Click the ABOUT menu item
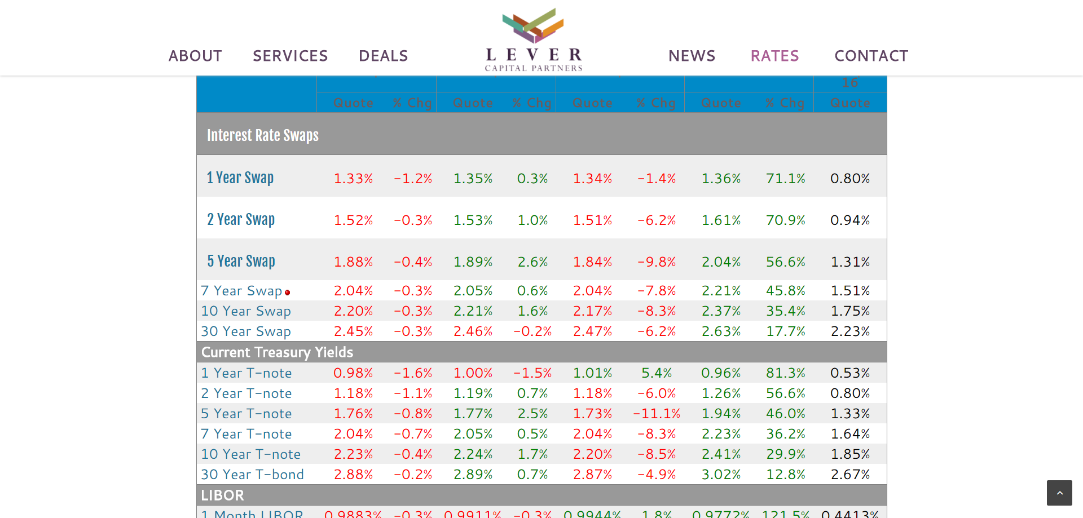point(195,56)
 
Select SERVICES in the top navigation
point(290,56)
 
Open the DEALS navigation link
point(383,56)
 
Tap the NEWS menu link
point(692,56)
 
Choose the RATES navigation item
point(774,56)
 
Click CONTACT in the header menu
point(871,56)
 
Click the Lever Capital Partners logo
point(534,40)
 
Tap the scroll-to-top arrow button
point(1059,493)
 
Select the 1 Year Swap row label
point(240,178)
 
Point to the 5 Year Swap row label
point(241,261)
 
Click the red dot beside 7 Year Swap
point(288,293)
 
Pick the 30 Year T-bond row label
point(252,475)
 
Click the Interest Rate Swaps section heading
point(262,135)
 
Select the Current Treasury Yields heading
point(277,352)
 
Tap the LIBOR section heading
point(222,495)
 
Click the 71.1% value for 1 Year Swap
point(785,179)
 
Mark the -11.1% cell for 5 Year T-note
point(657,414)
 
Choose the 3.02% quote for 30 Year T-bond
point(721,475)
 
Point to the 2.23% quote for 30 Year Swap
point(850,331)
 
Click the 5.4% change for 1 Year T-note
point(657,373)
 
